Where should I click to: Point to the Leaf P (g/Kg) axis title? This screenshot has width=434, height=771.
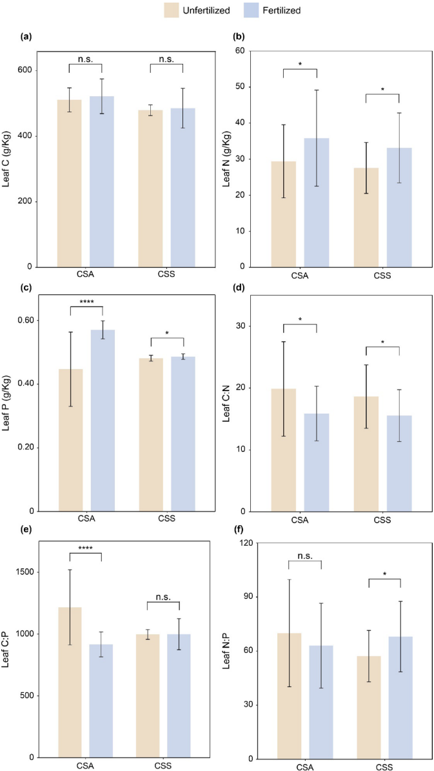pos(9,405)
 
